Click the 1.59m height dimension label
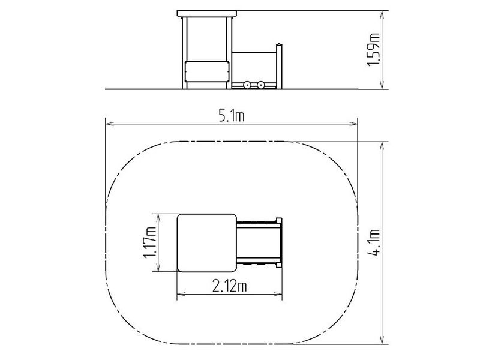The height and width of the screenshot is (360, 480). [x=373, y=49]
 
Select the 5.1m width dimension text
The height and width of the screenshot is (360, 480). [x=232, y=116]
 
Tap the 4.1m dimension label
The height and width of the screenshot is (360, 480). [x=374, y=242]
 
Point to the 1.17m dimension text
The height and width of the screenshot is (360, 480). [x=149, y=242]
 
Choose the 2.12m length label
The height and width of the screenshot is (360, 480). [x=230, y=286]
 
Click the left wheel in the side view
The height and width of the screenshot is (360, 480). [x=247, y=85]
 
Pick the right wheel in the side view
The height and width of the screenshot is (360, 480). [x=260, y=85]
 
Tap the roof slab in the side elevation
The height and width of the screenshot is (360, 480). [x=207, y=14]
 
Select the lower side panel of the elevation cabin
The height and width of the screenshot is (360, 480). [x=207, y=71]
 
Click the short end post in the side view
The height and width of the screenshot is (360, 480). [x=279, y=67]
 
